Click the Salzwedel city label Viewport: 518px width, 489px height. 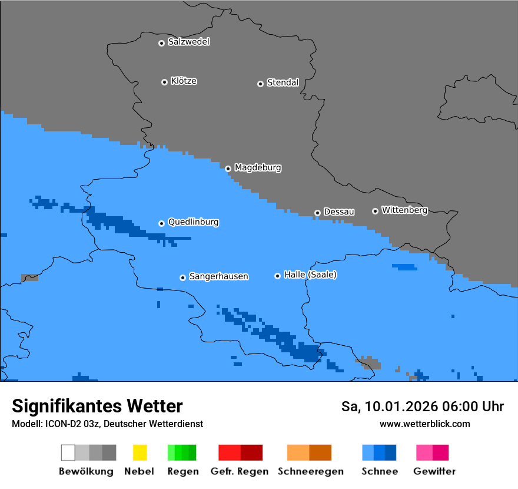(188, 42)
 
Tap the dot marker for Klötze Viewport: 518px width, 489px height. (164, 82)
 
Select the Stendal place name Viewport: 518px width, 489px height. (283, 82)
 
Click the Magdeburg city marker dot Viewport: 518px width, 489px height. (228, 168)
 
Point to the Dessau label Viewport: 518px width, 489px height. (339, 212)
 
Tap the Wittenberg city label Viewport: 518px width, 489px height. (404, 210)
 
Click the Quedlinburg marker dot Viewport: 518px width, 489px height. (161, 223)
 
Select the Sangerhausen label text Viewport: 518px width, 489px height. (218, 276)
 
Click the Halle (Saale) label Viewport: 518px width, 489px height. (310, 275)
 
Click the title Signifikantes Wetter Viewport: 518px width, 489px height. (97, 406)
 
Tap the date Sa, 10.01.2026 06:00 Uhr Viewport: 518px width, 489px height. (423, 407)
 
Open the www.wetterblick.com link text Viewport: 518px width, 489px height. (424, 424)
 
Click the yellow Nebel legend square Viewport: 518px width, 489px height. (140, 452)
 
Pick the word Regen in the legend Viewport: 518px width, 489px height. (183, 471)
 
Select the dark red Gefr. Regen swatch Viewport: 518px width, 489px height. (251, 452)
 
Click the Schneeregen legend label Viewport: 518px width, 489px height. (311, 471)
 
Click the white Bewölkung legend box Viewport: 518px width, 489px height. (68, 452)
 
